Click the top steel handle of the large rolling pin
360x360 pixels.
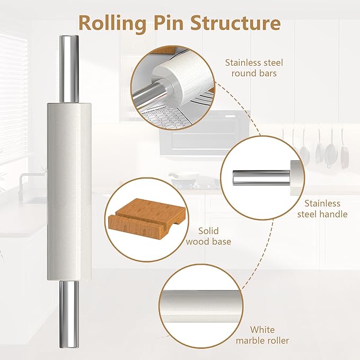click(69, 69)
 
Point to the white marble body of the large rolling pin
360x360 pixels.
click(69, 191)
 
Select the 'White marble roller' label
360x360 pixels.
click(269, 335)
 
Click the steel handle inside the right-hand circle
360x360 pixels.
click(260, 174)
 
